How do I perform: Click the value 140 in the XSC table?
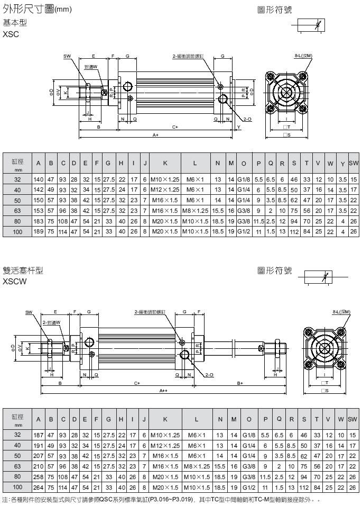(x=39, y=179)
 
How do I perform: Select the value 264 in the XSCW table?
(x=39, y=486)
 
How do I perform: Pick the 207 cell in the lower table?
(x=39, y=455)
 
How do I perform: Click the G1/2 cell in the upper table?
(x=245, y=231)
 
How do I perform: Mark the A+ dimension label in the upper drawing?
(x=156, y=136)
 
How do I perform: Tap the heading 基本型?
(x=15, y=23)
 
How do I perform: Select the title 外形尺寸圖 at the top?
(x=29, y=9)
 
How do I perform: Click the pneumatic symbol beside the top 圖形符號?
(x=312, y=25)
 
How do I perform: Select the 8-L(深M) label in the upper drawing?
(x=303, y=55)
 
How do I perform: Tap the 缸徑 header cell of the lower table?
(x=17, y=419)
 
